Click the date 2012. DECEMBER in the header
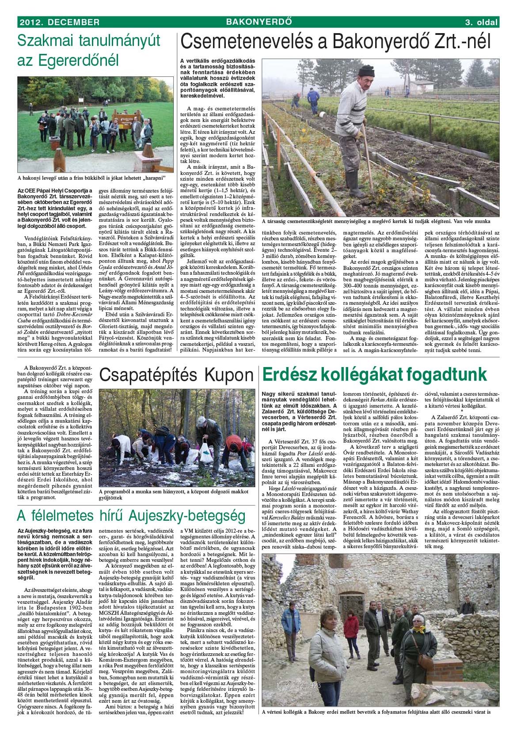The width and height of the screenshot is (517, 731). pos(58,22)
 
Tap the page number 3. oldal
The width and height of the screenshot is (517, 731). pos(481,22)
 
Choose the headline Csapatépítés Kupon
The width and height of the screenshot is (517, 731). pos(176,375)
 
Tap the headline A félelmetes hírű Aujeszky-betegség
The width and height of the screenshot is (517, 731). pos(131,515)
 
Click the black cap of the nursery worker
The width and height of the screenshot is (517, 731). pos(366,71)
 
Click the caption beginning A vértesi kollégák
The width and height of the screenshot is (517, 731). pos(376,712)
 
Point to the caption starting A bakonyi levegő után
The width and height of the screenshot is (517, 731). pos(91,178)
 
